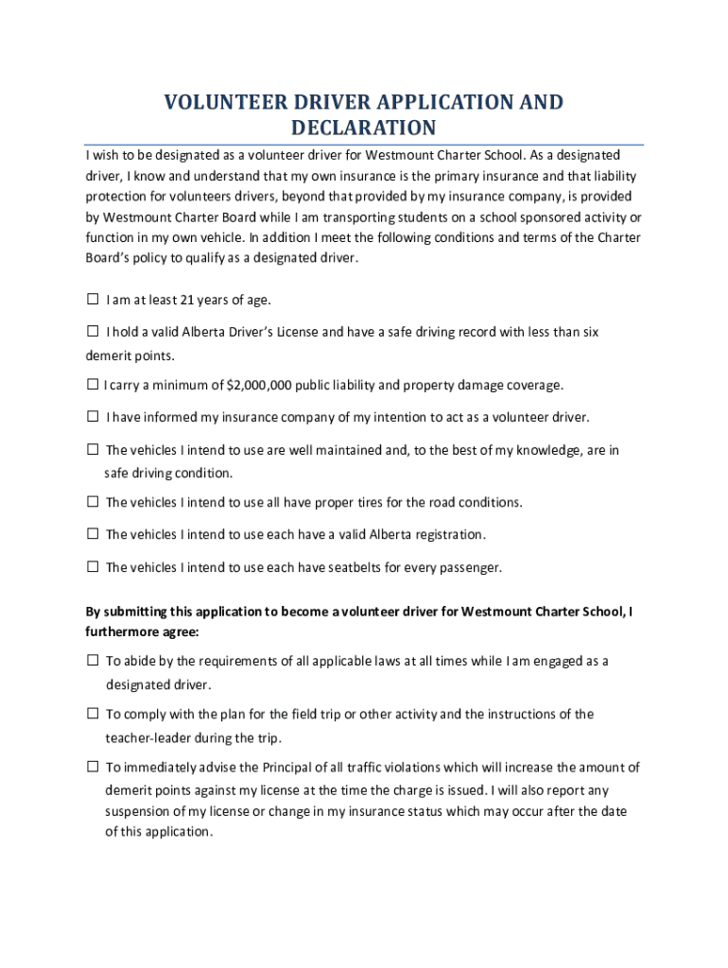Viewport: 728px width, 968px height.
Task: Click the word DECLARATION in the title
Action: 364,128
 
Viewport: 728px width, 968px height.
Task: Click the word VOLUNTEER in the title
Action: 218,102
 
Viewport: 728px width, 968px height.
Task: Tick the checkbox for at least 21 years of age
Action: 93,300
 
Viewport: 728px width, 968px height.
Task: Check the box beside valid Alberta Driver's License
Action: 93,332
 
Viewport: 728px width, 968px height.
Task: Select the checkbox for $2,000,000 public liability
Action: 93,385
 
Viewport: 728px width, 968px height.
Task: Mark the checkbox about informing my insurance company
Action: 93,417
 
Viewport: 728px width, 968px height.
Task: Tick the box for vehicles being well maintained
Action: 93,450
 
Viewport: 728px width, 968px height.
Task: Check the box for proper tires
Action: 93,502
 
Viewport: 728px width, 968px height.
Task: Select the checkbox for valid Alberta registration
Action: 93,534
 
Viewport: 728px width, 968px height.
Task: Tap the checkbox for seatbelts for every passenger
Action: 93,567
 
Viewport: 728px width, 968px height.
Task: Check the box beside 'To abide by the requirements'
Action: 93,661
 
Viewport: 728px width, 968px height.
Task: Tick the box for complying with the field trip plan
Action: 93,714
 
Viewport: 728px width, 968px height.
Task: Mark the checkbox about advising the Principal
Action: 93,768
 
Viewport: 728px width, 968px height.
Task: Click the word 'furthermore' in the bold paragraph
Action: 123,631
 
